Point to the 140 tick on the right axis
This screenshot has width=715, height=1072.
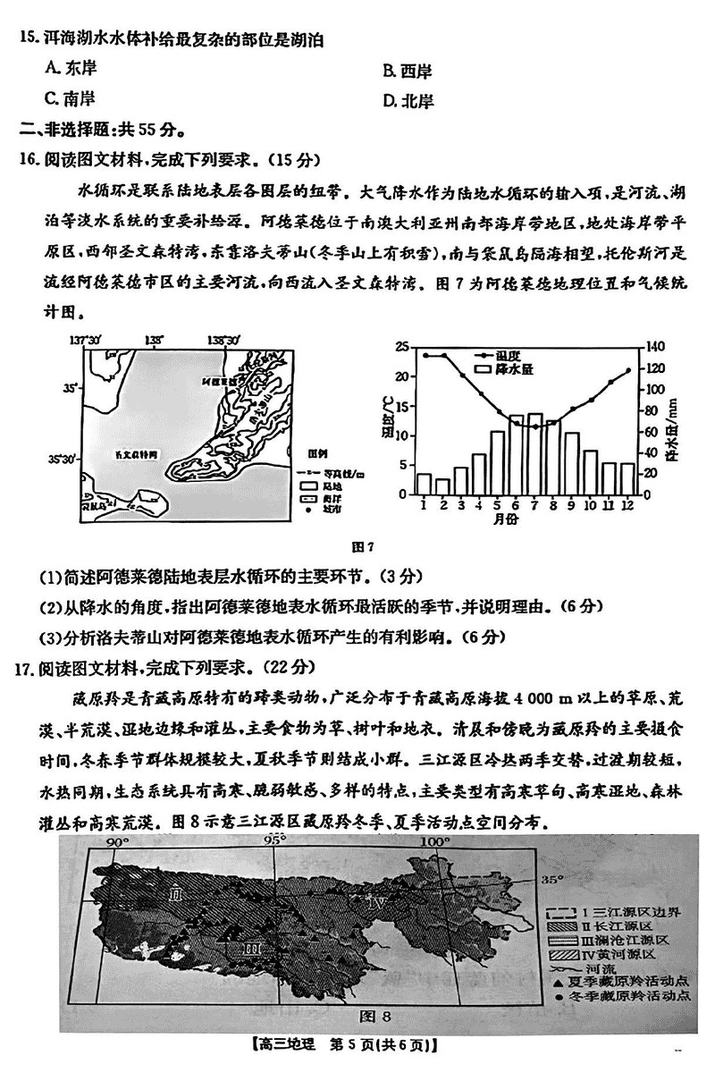click(x=655, y=347)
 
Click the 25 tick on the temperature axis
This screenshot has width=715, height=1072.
click(x=401, y=347)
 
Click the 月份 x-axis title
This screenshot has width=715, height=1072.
click(x=525, y=519)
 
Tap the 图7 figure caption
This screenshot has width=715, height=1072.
click(x=364, y=547)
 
